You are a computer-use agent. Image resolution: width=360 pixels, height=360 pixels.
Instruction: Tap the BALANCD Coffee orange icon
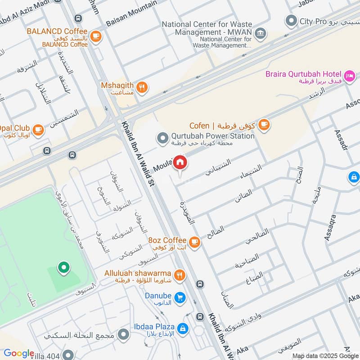pos(95,36)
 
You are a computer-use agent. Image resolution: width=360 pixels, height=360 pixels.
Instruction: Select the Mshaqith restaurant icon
pos(142,87)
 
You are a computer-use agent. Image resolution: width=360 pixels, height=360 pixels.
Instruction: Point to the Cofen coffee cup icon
pos(264,125)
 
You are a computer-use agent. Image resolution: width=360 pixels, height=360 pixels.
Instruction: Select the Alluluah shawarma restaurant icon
pos(180,275)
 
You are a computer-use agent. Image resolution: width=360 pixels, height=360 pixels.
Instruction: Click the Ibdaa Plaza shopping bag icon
pos(182,329)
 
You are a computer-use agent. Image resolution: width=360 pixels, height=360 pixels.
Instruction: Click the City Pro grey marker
pos(292,21)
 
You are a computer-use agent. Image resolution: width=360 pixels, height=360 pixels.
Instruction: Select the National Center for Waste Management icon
pos(260,33)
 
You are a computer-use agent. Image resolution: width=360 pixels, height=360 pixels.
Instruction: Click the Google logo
pos(19,353)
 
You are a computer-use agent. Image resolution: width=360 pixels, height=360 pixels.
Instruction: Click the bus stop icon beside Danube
pos(200,284)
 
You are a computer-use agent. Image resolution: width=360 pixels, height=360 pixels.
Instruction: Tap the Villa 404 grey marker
pos(68,355)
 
